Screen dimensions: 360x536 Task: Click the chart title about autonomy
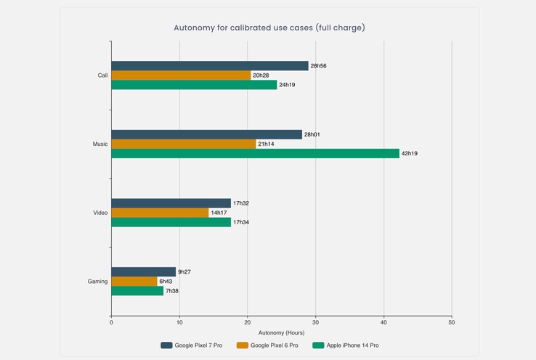(269, 28)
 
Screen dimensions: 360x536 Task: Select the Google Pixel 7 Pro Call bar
(209, 66)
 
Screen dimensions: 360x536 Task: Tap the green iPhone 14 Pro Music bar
(255, 153)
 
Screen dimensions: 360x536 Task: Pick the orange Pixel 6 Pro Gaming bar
(134, 282)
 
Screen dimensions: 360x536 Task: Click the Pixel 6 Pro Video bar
(160, 213)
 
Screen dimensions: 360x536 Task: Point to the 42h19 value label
(410, 154)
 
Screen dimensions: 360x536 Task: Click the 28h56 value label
(318, 66)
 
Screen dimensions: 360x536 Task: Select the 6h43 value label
(166, 282)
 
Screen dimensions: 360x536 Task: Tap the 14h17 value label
(219, 213)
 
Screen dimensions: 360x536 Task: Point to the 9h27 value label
(185, 272)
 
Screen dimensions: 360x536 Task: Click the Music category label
(100, 144)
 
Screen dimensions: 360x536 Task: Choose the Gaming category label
(97, 282)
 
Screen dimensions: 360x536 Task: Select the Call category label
(102, 75)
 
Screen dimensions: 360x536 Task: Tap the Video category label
(100, 213)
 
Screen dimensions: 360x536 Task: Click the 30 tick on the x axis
(315, 322)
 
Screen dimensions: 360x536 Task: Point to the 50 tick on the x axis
(452, 322)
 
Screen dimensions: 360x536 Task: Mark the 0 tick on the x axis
(111, 322)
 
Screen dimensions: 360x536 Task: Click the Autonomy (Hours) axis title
(280, 332)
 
